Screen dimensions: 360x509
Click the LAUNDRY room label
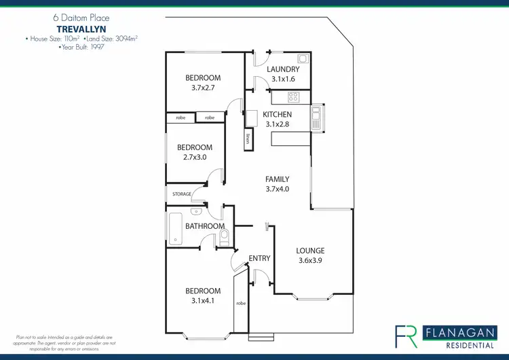(x=283, y=70)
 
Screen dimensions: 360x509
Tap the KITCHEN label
(x=278, y=115)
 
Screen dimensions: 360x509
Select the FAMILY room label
(x=278, y=179)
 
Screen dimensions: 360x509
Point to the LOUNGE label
(x=311, y=251)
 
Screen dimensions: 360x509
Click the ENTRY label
(x=260, y=258)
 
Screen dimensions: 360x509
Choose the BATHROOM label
(x=205, y=226)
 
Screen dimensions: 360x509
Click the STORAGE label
(x=181, y=194)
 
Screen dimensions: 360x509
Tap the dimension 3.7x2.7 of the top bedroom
(x=203, y=88)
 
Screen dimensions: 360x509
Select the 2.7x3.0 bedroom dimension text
(x=195, y=157)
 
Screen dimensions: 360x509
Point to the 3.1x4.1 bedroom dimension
(x=203, y=301)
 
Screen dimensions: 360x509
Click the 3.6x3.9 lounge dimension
(x=311, y=260)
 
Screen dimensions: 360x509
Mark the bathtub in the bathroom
(x=176, y=228)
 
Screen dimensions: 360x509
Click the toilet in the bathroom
(x=225, y=235)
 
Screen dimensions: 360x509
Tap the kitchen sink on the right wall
(x=316, y=118)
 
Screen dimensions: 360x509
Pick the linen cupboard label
(x=247, y=141)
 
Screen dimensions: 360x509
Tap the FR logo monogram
(x=407, y=336)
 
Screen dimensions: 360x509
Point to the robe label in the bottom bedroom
(x=240, y=303)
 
